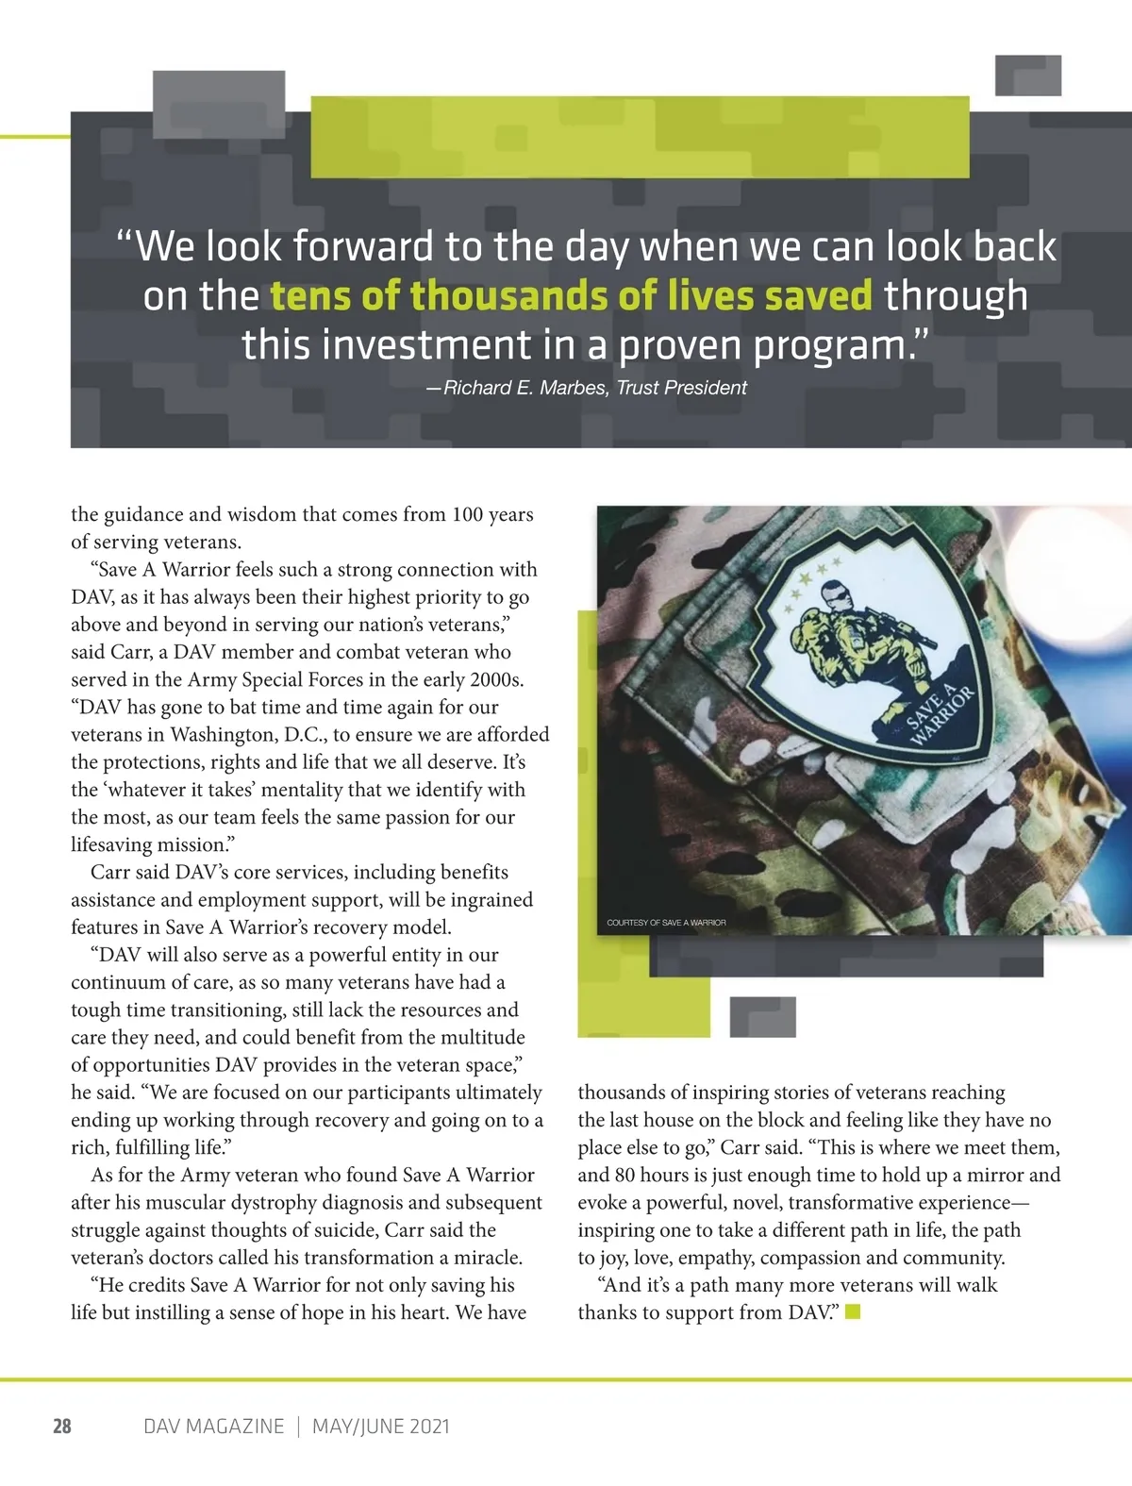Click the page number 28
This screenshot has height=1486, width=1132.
62,1426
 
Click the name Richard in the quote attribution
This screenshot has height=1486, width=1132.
477,388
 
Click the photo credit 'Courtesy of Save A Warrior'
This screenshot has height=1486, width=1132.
666,922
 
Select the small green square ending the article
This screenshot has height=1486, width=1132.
853,1311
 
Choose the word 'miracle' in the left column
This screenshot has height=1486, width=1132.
488,1258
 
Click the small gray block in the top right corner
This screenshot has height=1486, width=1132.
1027,75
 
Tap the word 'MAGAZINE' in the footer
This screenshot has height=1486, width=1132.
235,1426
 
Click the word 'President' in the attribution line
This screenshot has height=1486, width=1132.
705,388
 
